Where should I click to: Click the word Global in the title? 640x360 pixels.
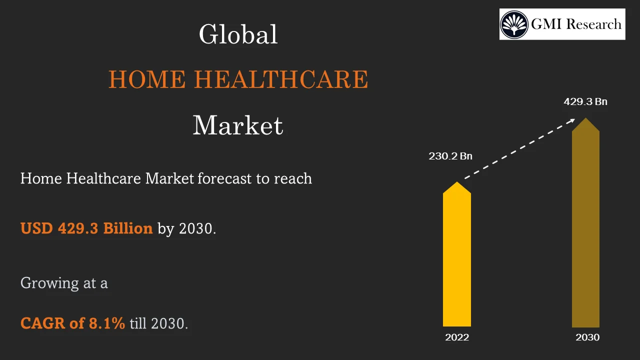[x=238, y=35]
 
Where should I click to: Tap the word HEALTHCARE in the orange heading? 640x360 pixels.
[x=280, y=80]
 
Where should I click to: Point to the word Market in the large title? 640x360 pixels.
[x=238, y=125]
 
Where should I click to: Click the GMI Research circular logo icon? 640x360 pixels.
[x=514, y=24]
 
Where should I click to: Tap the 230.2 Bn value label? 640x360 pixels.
[x=450, y=156]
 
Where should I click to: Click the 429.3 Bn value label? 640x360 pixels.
[x=585, y=101]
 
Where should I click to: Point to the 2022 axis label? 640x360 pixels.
[x=457, y=337]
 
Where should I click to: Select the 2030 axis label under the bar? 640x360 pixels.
[x=587, y=337]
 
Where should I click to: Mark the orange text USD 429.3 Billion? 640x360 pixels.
[x=86, y=228]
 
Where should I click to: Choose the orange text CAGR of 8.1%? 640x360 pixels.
[x=72, y=323]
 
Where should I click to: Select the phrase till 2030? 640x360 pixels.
[x=159, y=323]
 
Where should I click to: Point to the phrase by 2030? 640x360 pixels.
[x=187, y=228]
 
